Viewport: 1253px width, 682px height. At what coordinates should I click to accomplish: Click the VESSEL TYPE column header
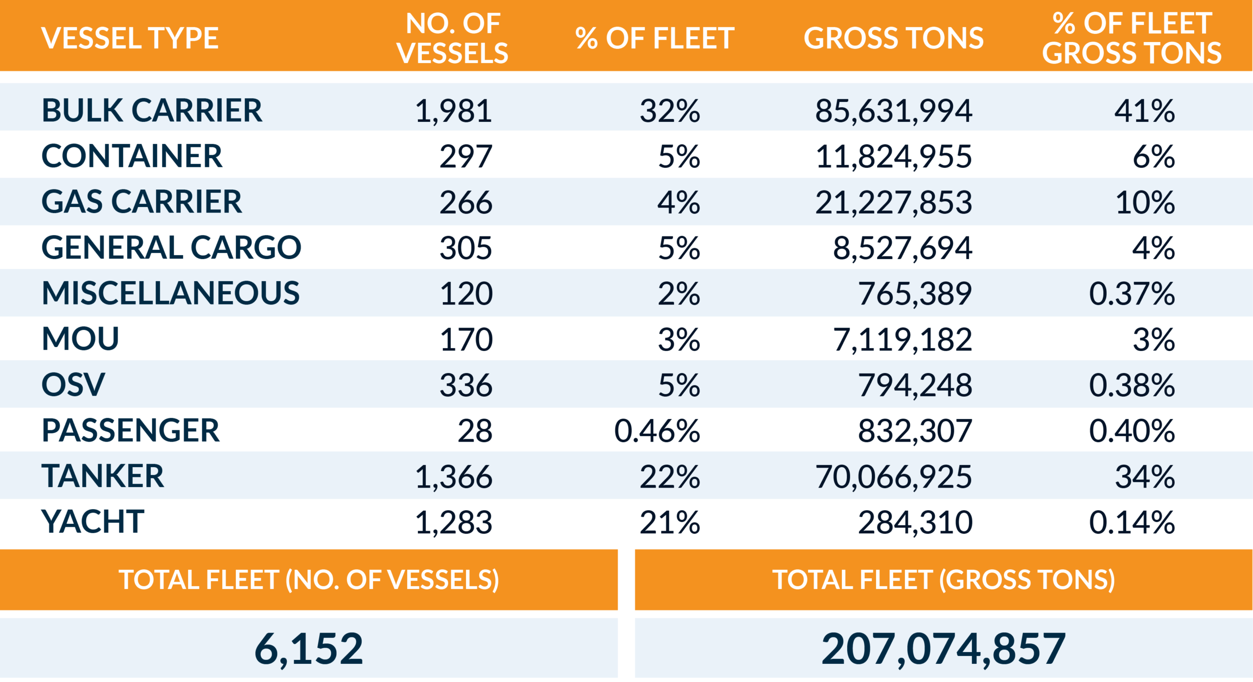(x=130, y=38)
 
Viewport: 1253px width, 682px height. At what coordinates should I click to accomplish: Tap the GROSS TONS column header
(x=893, y=38)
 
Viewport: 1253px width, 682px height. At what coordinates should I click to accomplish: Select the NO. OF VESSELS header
(x=453, y=38)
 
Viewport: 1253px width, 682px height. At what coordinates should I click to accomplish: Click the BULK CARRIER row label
(x=152, y=110)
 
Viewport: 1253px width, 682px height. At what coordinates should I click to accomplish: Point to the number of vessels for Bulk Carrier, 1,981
(x=453, y=111)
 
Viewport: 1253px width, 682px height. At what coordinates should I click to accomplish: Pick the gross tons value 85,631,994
(x=893, y=111)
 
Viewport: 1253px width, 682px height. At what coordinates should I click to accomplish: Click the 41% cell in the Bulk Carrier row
(x=1144, y=111)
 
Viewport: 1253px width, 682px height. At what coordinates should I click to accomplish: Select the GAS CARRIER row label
(x=141, y=202)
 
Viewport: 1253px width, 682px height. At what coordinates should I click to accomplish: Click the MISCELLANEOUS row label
(x=170, y=293)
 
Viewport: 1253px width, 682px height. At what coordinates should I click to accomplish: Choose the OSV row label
(x=73, y=385)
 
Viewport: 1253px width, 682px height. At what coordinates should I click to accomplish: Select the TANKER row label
(x=103, y=476)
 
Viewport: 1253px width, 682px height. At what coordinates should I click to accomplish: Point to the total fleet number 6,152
(x=309, y=649)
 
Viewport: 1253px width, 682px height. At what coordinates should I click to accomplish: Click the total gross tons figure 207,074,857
(x=943, y=649)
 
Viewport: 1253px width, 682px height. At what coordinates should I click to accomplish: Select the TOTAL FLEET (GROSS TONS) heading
(x=943, y=580)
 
